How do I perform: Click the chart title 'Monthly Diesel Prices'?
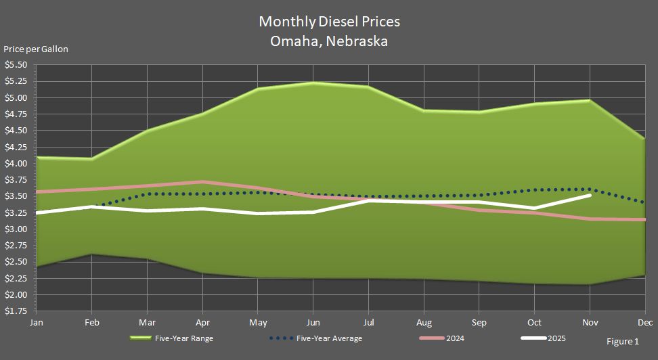(329, 22)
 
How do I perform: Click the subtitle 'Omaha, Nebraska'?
(329, 41)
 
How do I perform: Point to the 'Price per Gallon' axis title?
(36, 49)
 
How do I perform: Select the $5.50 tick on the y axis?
(16, 65)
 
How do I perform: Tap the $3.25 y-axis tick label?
(16, 212)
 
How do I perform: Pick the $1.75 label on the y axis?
(16, 311)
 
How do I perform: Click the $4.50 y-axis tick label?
(16, 131)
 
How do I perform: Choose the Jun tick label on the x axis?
(312, 323)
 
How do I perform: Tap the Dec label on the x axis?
(644, 323)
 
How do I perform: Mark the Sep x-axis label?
(479, 323)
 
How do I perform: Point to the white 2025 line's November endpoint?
(590, 195)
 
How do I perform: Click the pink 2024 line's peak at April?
(202, 181)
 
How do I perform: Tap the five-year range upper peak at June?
(312, 83)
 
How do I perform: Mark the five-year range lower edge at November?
(590, 284)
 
